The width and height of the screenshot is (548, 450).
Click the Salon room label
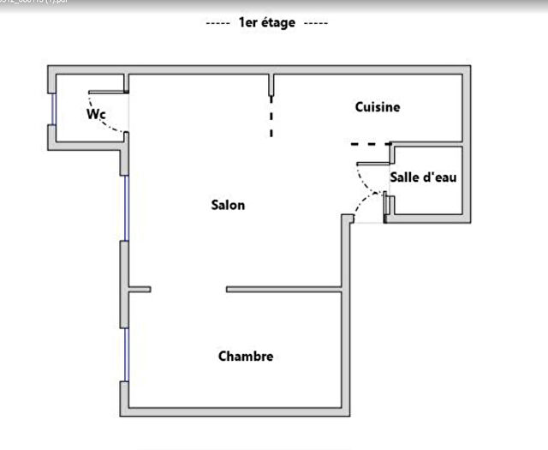click(228, 205)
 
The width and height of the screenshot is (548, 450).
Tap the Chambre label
click(246, 356)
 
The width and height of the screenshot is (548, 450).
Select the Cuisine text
click(378, 107)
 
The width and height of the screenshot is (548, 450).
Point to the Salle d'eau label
click(423, 177)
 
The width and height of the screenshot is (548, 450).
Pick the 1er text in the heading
click(249, 23)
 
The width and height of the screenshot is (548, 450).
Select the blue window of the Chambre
click(126, 356)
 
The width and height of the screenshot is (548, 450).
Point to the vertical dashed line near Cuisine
click(271, 117)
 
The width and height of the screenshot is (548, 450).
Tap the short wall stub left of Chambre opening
click(140, 290)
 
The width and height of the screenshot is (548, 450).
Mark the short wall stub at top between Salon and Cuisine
click(271, 84)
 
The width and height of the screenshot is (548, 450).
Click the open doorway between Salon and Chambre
click(188, 290)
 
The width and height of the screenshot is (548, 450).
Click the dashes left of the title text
click(218, 23)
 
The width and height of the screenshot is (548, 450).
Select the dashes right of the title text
click(316, 23)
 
